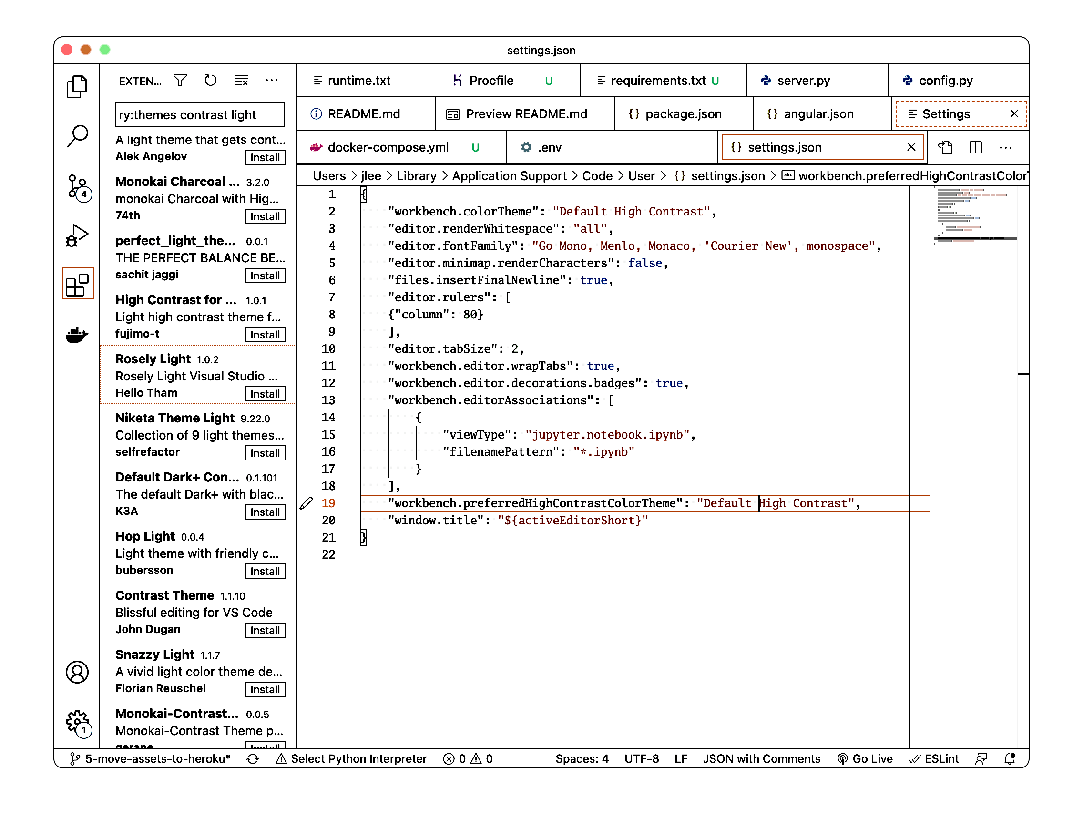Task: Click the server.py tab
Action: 803,81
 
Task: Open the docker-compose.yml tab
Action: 388,147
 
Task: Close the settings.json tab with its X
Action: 911,147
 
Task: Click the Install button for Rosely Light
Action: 265,394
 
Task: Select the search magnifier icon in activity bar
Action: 77,135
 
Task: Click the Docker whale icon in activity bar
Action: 77,335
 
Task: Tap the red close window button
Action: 67,50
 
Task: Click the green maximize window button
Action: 105,50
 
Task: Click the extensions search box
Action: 200,114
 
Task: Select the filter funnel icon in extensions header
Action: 180,81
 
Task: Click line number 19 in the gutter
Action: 328,503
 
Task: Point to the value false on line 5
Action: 644,263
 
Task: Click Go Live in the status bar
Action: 865,758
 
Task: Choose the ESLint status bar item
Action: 935,758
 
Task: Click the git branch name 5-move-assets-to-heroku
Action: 157,758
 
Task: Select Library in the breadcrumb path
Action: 416,176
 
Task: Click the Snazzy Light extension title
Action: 154,655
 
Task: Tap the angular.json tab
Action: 817,114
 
